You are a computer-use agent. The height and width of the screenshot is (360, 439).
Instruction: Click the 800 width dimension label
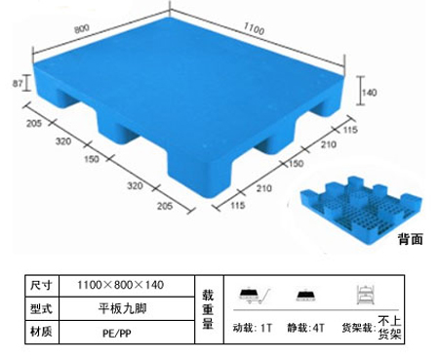pos(82,28)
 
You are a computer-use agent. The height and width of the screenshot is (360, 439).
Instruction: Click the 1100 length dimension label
pos(254,28)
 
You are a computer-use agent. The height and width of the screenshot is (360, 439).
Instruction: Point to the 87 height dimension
pos(18,83)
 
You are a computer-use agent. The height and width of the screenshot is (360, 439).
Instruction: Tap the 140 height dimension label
pos(370,93)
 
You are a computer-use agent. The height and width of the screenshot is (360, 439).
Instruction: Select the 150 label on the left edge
pos(92,159)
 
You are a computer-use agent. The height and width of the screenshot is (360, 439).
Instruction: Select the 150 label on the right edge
pos(296,163)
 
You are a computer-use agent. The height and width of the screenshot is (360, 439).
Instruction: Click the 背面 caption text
pos(411,239)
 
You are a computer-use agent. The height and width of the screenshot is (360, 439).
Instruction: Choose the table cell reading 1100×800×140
pos(120,285)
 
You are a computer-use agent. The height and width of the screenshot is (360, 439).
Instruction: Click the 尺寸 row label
pos(41,285)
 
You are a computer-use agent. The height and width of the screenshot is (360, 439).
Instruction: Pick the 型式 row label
pos(41,308)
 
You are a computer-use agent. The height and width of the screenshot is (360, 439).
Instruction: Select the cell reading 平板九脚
pos(122,308)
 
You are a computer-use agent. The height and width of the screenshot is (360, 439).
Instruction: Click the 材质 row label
pos(41,332)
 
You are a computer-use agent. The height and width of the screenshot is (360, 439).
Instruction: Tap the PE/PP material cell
pos(117,334)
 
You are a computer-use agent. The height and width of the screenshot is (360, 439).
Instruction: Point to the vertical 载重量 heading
pos(208,309)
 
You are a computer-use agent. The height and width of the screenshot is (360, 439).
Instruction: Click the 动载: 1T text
pos(252,328)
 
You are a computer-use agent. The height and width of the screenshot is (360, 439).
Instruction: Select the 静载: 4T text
pos(305,328)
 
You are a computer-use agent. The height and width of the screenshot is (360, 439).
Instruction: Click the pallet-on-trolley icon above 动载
pos(255,296)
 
